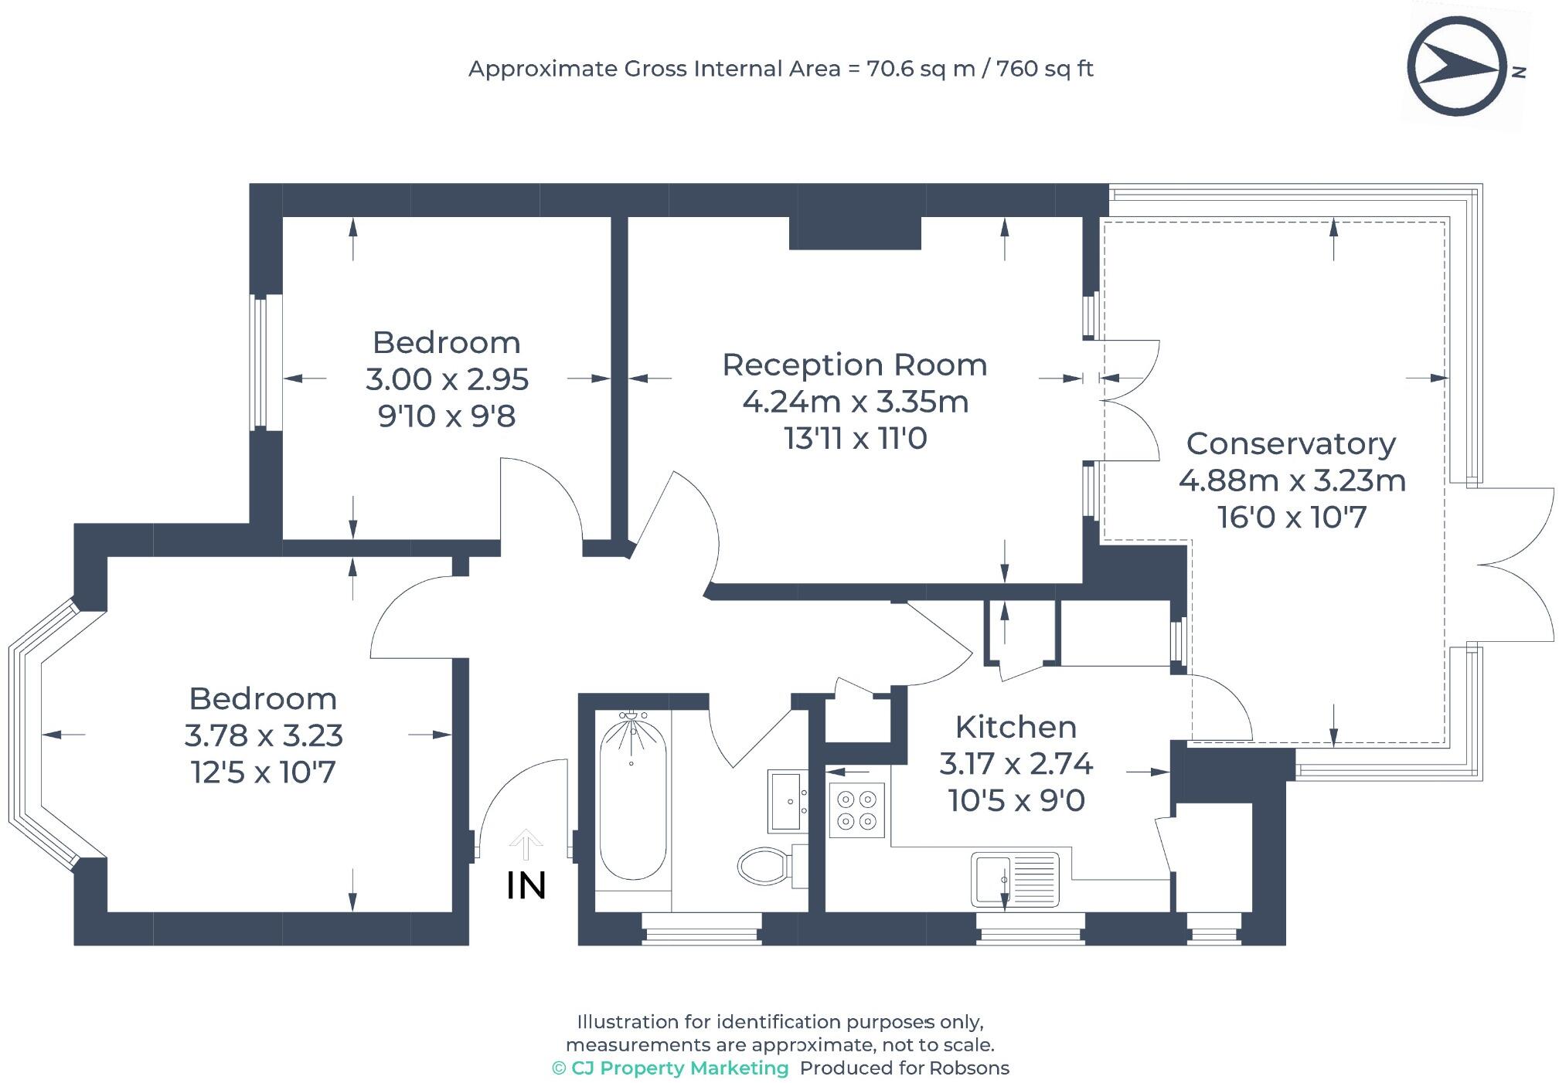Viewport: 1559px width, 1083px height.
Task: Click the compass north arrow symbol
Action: coord(1457,67)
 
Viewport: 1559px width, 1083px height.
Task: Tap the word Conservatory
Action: coord(1291,443)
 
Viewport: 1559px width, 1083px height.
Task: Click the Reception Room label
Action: coord(855,365)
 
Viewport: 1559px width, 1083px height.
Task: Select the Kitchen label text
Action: coord(1016,727)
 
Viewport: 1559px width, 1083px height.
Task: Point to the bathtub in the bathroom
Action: coord(632,796)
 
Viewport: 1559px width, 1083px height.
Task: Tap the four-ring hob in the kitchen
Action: coord(856,810)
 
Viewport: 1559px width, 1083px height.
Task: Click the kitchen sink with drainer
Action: coord(1015,879)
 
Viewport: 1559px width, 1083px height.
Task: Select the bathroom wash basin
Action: coord(788,800)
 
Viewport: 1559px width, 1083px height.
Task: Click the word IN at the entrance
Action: coord(526,885)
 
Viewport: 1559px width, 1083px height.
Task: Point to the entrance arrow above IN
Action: coord(526,844)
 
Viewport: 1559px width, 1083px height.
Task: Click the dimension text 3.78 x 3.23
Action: coord(264,735)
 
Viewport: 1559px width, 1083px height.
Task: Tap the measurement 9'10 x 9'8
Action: coord(447,416)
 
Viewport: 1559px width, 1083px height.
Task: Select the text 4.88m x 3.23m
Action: coord(1292,480)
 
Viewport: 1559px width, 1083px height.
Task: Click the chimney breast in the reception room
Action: coord(855,233)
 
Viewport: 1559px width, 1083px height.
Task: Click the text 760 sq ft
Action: coord(1045,69)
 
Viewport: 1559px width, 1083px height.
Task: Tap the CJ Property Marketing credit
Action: coord(670,1068)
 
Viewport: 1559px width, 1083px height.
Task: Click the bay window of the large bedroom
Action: coord(43,734)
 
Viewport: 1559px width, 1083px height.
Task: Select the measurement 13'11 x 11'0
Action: coord(856,439)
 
